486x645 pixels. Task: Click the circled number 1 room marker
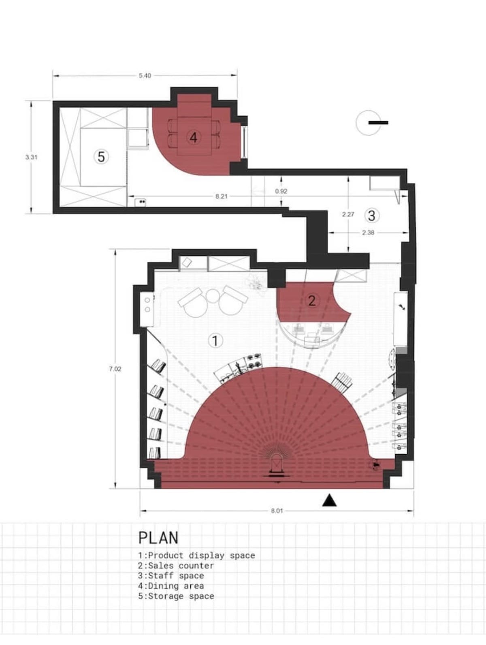point(215,341)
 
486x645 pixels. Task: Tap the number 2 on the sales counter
point(311,301)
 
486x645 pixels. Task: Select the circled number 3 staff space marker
point(372,216)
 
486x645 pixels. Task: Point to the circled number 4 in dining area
point(193,137)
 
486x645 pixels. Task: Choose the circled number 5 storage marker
point(101,157)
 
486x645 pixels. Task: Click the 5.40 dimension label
point(145,76)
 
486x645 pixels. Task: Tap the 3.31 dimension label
point(31,157)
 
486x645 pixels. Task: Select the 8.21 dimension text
point(222,196)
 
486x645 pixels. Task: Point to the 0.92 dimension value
point(281,191)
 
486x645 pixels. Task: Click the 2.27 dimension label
point(348,214)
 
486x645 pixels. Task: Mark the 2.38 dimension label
point(368,233)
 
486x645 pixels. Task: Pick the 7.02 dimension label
point(115,369)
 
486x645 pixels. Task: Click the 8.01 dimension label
point(277,511)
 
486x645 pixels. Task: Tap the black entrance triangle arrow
point(329,500)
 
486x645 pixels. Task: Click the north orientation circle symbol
point(368,123)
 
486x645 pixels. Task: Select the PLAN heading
point(158,538)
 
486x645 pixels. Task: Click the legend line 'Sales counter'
point(176,566)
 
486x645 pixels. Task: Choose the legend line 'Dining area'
point(171,586)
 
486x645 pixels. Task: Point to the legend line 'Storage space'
point(176,596)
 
